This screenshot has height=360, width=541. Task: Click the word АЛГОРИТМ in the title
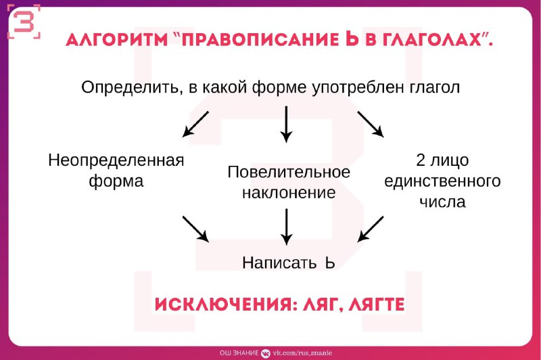coord(116,40)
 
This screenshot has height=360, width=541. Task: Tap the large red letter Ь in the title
coord(352,39)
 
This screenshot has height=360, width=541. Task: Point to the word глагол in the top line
coord(435,88)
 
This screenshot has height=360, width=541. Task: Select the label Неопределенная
coord(116,161)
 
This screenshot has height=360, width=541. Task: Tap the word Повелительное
coord(289,172)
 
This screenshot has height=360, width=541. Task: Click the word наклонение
coord(289,193)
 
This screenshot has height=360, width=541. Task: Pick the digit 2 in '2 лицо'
coord(421,160)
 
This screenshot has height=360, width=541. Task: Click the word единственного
coord(442,181)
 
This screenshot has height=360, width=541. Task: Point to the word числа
coord(442,202)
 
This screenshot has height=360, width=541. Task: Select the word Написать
coord(279,263)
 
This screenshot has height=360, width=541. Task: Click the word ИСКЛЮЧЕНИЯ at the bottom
coord(226,305)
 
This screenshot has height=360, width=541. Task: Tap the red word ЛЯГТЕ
coord(376,305)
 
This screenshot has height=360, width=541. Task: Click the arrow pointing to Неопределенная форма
coord(195,125)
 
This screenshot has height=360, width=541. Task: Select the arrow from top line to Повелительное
coord(286,125)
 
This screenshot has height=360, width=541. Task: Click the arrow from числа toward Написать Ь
coord(371,229)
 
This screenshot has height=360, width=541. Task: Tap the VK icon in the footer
coord(266,353)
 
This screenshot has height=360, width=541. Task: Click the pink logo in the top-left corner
coord(24,22)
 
